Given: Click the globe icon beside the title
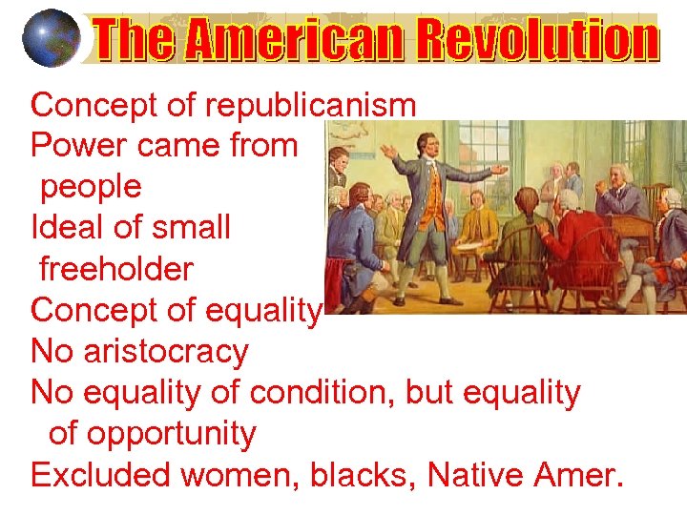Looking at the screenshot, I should tap(50, 38).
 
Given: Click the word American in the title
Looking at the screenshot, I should tap(277, 41).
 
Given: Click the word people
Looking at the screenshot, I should tap(90, 187).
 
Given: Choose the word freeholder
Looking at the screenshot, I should tap(115, 269).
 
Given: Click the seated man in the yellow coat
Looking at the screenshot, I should tap(477, 224).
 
